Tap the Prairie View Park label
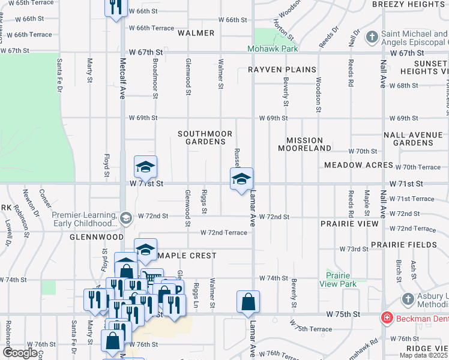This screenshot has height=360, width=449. (338, 280)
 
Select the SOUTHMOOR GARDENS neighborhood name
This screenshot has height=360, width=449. (201, 137)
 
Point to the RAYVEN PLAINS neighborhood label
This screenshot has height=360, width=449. (282, 70)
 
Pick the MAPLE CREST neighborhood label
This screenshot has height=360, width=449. (186, 256)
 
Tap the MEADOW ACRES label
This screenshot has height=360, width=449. (358, 165)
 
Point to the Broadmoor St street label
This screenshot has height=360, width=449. (155, 78)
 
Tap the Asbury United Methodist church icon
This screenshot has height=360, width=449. (408, 298)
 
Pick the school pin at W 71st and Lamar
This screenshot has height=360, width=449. (241, 178)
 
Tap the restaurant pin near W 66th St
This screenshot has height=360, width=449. (116, 7)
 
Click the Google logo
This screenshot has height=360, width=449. (19, 353)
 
